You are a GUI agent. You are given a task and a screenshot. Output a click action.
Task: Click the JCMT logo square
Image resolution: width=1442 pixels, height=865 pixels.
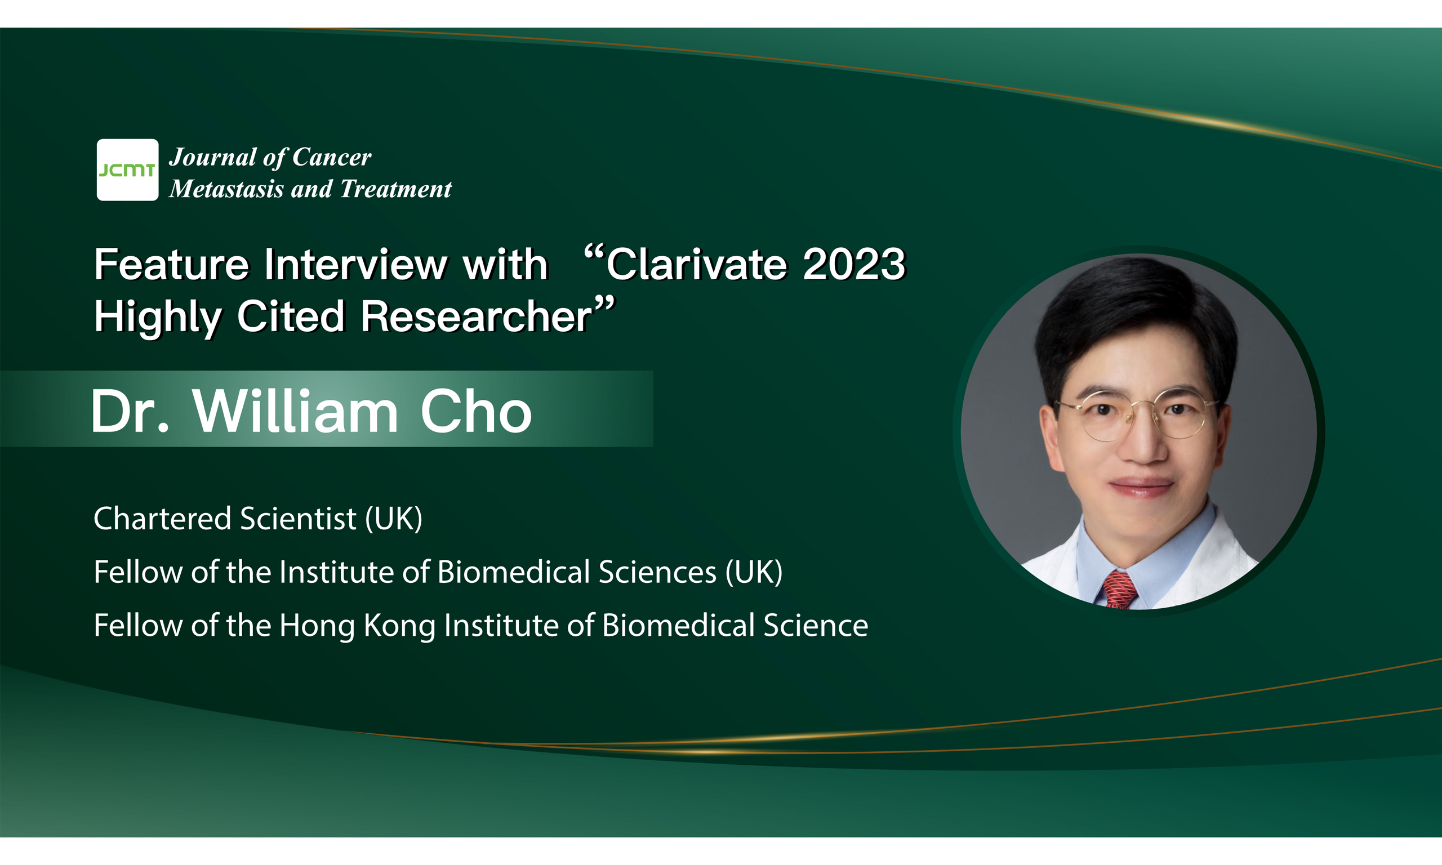127,170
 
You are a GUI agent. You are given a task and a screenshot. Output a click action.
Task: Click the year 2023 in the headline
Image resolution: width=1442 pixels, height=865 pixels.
854,264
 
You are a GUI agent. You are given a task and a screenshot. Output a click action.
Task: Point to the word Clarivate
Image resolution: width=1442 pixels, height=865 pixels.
697,264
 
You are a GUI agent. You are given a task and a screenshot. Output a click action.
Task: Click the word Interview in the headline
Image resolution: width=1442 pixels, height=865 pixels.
356,264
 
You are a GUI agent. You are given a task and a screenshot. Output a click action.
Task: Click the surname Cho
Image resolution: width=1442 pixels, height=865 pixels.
476,412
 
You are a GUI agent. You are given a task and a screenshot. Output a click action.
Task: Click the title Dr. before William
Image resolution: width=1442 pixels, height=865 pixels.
130,412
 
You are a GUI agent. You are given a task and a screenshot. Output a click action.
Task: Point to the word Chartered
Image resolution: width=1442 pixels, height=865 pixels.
163,518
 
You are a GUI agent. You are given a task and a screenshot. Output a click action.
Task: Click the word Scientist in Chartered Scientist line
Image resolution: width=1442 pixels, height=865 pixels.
298,518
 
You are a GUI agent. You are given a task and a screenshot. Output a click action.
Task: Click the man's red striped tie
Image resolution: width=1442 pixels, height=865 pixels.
1118,589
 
